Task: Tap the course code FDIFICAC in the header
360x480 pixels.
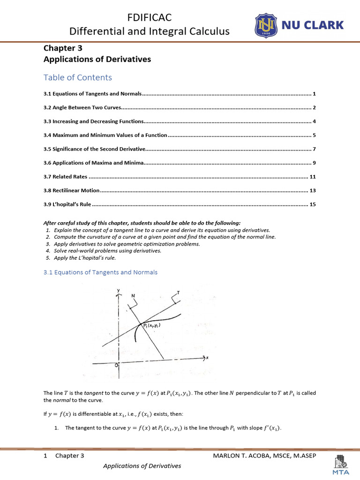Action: tap(150, 18)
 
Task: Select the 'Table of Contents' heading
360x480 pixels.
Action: tap(77, 77)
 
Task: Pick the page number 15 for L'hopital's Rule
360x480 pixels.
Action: tap(313, 205)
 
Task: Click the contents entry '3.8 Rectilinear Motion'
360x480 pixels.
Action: tap(71, 191)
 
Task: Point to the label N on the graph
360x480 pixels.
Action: tap(133, 295)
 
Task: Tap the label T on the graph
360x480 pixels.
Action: tap(179, 292)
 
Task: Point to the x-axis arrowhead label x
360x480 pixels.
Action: tap(207, 358)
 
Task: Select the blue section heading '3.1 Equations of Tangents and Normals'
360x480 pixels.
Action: tap(100, 272)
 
